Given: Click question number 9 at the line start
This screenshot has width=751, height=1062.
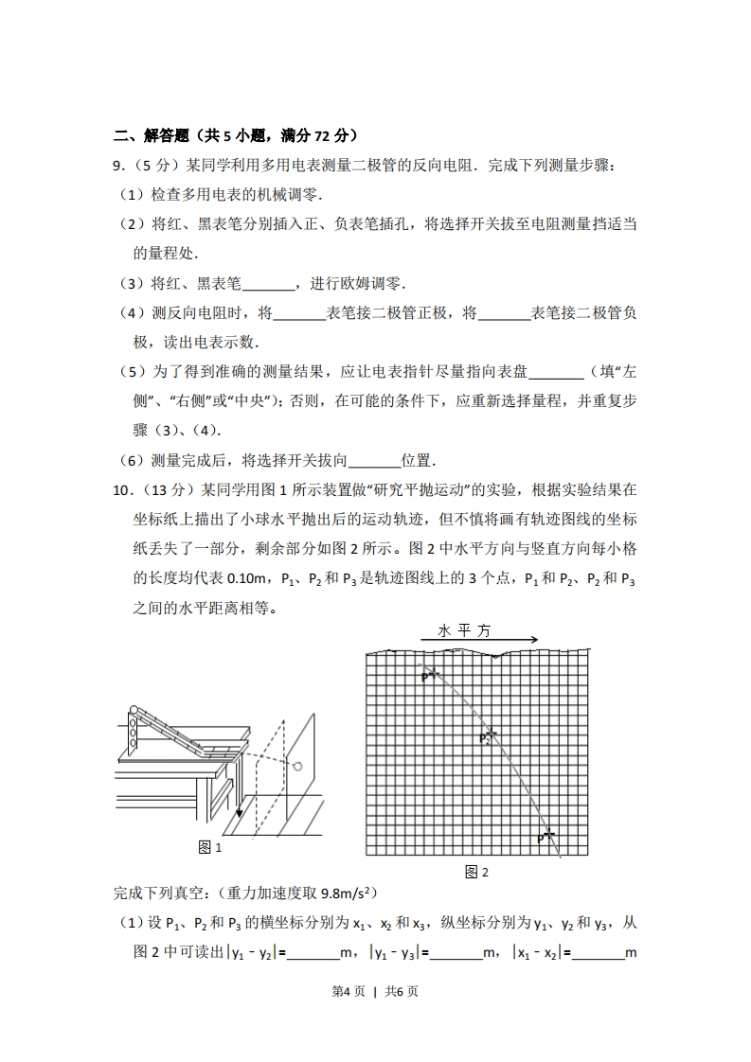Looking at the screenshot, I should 118,166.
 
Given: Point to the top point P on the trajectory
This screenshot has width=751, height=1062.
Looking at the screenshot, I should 428,675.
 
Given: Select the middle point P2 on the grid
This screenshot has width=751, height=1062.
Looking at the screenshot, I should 487,735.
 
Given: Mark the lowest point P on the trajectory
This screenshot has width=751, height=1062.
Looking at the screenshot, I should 546,835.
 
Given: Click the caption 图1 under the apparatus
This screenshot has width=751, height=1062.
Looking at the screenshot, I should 209,847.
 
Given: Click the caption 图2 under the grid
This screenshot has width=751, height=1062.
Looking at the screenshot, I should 476,872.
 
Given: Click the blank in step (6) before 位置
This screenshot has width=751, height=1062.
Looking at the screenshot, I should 376,461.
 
